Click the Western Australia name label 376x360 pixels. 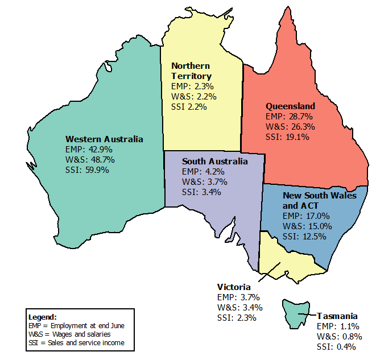click(x=104, y=139)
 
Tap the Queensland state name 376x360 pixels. click(x=290, y=106)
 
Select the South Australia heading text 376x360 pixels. click(x=215, y=162)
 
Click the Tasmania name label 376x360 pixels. click(x=337, y=316)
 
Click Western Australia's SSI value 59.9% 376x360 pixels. click(x=87, y=169)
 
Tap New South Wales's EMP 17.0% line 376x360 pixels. click(x=306, y=216)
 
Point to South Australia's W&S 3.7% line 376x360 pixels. click(x=205, y=182)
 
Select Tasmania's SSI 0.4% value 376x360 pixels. click(x=336, y=347)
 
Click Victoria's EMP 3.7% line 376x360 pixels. click(x=238, y=297)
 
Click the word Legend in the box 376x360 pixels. click(x=42, y=316)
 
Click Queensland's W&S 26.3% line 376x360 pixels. click(x=290, y=127)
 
